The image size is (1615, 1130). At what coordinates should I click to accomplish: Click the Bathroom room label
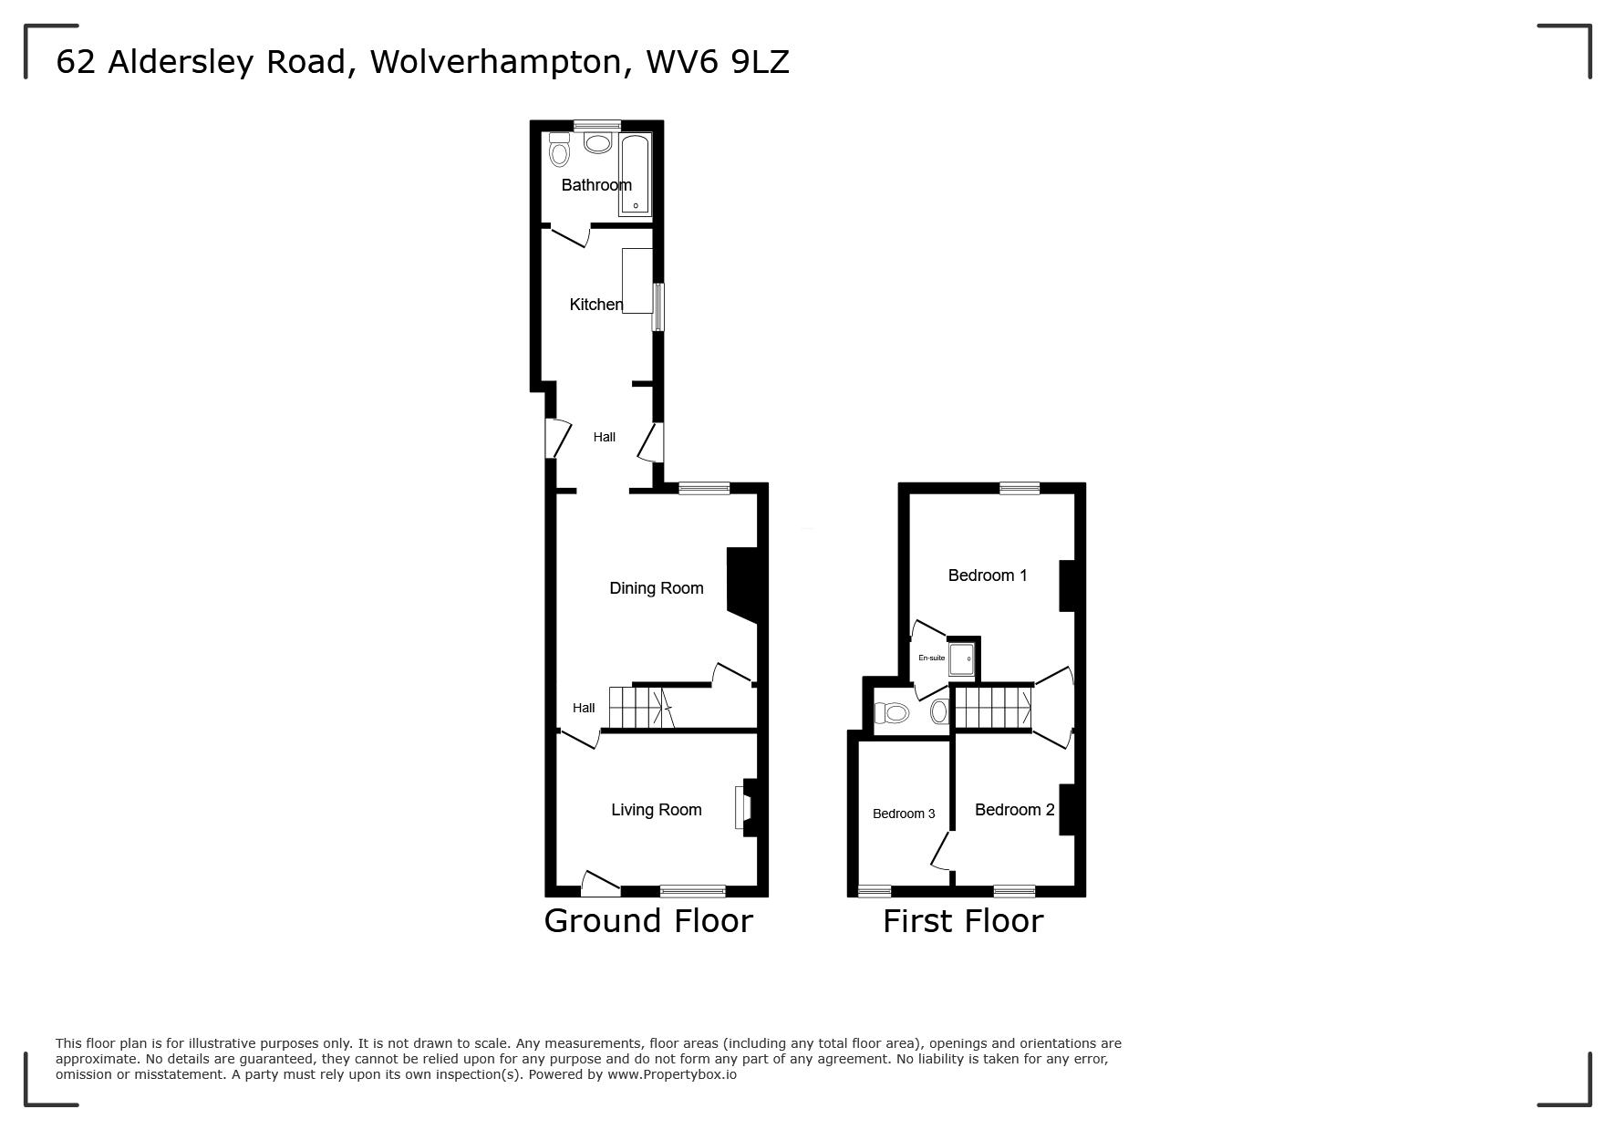pyautogui.click(x=596, y=185)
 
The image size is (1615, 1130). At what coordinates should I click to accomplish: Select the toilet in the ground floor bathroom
pyautogui.click(x=559, y=150)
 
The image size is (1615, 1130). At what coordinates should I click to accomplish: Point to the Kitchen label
pyautogui.click(x=595, y=305)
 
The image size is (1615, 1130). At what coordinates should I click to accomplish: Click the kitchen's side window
pyautogui.click(x=657, y=306)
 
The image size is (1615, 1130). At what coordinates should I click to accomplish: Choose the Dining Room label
pyautogui.click(x=656, y=588)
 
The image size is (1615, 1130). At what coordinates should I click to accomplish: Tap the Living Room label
pyautogui.click(x=656, y=810)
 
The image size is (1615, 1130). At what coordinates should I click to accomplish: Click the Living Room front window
pyautogui.click(x=693, y=891)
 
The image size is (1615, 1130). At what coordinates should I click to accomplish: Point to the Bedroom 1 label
pyautogui.click(x=988, y=575)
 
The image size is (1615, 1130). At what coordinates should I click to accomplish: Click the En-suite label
pyautogui.click(x=931, y=658)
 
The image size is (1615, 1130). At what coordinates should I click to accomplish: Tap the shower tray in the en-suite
pyautogui.click(x=962, y=658)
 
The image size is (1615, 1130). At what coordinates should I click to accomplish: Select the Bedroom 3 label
pyautogui.click(x=904, y=814)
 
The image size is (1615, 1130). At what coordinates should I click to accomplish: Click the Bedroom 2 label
pyautogui.click(x=1014, y=810)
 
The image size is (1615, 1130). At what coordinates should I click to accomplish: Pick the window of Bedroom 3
pyautogui.click(x=875, y=891)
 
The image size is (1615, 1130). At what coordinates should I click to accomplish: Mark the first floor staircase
pyautogui.click(x=992, y=707)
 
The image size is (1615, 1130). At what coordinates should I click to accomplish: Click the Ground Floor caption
pyautogui.click(x=648, y=921)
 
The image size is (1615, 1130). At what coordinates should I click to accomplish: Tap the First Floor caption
pyautogui.click(x=962, y=921)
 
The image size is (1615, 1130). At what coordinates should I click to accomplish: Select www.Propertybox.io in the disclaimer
pyautogui.click(x=672, y=1074)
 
